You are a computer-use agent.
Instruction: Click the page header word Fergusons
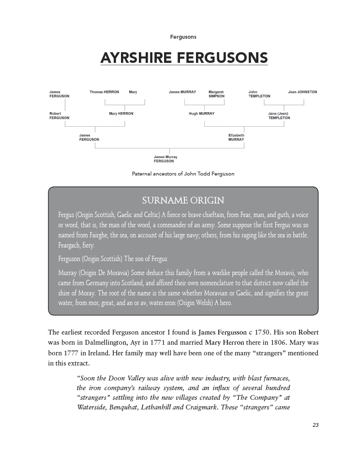click(x=183, y=37)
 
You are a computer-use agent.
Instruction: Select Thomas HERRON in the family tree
click(x=104, y=92)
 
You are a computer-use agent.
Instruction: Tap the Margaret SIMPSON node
click(x=216, y=94)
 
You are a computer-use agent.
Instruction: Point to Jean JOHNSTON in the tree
click(x=302, y=92)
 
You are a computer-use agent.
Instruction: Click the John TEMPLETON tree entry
click(x=259, y=94)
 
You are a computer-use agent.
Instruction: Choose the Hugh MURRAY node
click(x=201, y=114)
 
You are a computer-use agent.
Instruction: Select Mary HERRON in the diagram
click(x=121, y=114)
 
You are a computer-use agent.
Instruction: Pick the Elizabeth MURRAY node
click(x=236, y=137)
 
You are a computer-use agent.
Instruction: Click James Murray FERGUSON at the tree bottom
click(x=165, y=159)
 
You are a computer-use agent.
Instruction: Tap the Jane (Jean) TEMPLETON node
click(x=279, y=116)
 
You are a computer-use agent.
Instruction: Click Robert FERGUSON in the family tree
click(x=59, y=116)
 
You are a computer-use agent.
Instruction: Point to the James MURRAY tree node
click(x=182, y=92)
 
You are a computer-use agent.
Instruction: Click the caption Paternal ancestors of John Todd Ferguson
click(x=183, y=174)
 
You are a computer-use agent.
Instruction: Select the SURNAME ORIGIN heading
click(x=183, y=200)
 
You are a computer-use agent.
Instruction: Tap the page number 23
click(x=315, y=425)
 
